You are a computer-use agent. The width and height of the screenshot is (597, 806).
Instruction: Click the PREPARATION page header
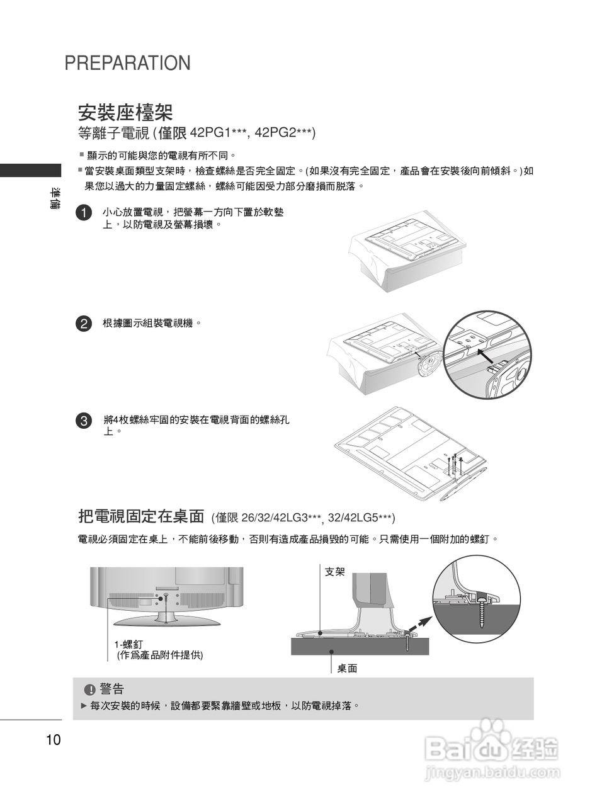[127, 63]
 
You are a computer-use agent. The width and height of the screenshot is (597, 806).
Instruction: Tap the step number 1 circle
[83, 212]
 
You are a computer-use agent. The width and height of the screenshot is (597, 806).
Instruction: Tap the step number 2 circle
[83, 324]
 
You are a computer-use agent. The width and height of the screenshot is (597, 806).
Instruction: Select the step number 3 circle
[83, 421]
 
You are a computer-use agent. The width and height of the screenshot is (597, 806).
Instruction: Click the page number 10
[54, 740]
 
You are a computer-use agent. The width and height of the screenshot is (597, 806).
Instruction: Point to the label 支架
[334, 572]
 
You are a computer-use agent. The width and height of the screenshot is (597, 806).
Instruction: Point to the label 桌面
[347, 668]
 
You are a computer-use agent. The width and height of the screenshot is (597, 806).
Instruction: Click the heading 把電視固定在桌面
[141, 516]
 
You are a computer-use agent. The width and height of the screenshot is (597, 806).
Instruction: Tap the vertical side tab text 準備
[56, 199]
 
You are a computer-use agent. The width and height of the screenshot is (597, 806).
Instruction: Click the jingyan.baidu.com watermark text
[492, 773]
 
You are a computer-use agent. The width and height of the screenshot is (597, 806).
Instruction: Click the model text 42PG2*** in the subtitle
[285, 133]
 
